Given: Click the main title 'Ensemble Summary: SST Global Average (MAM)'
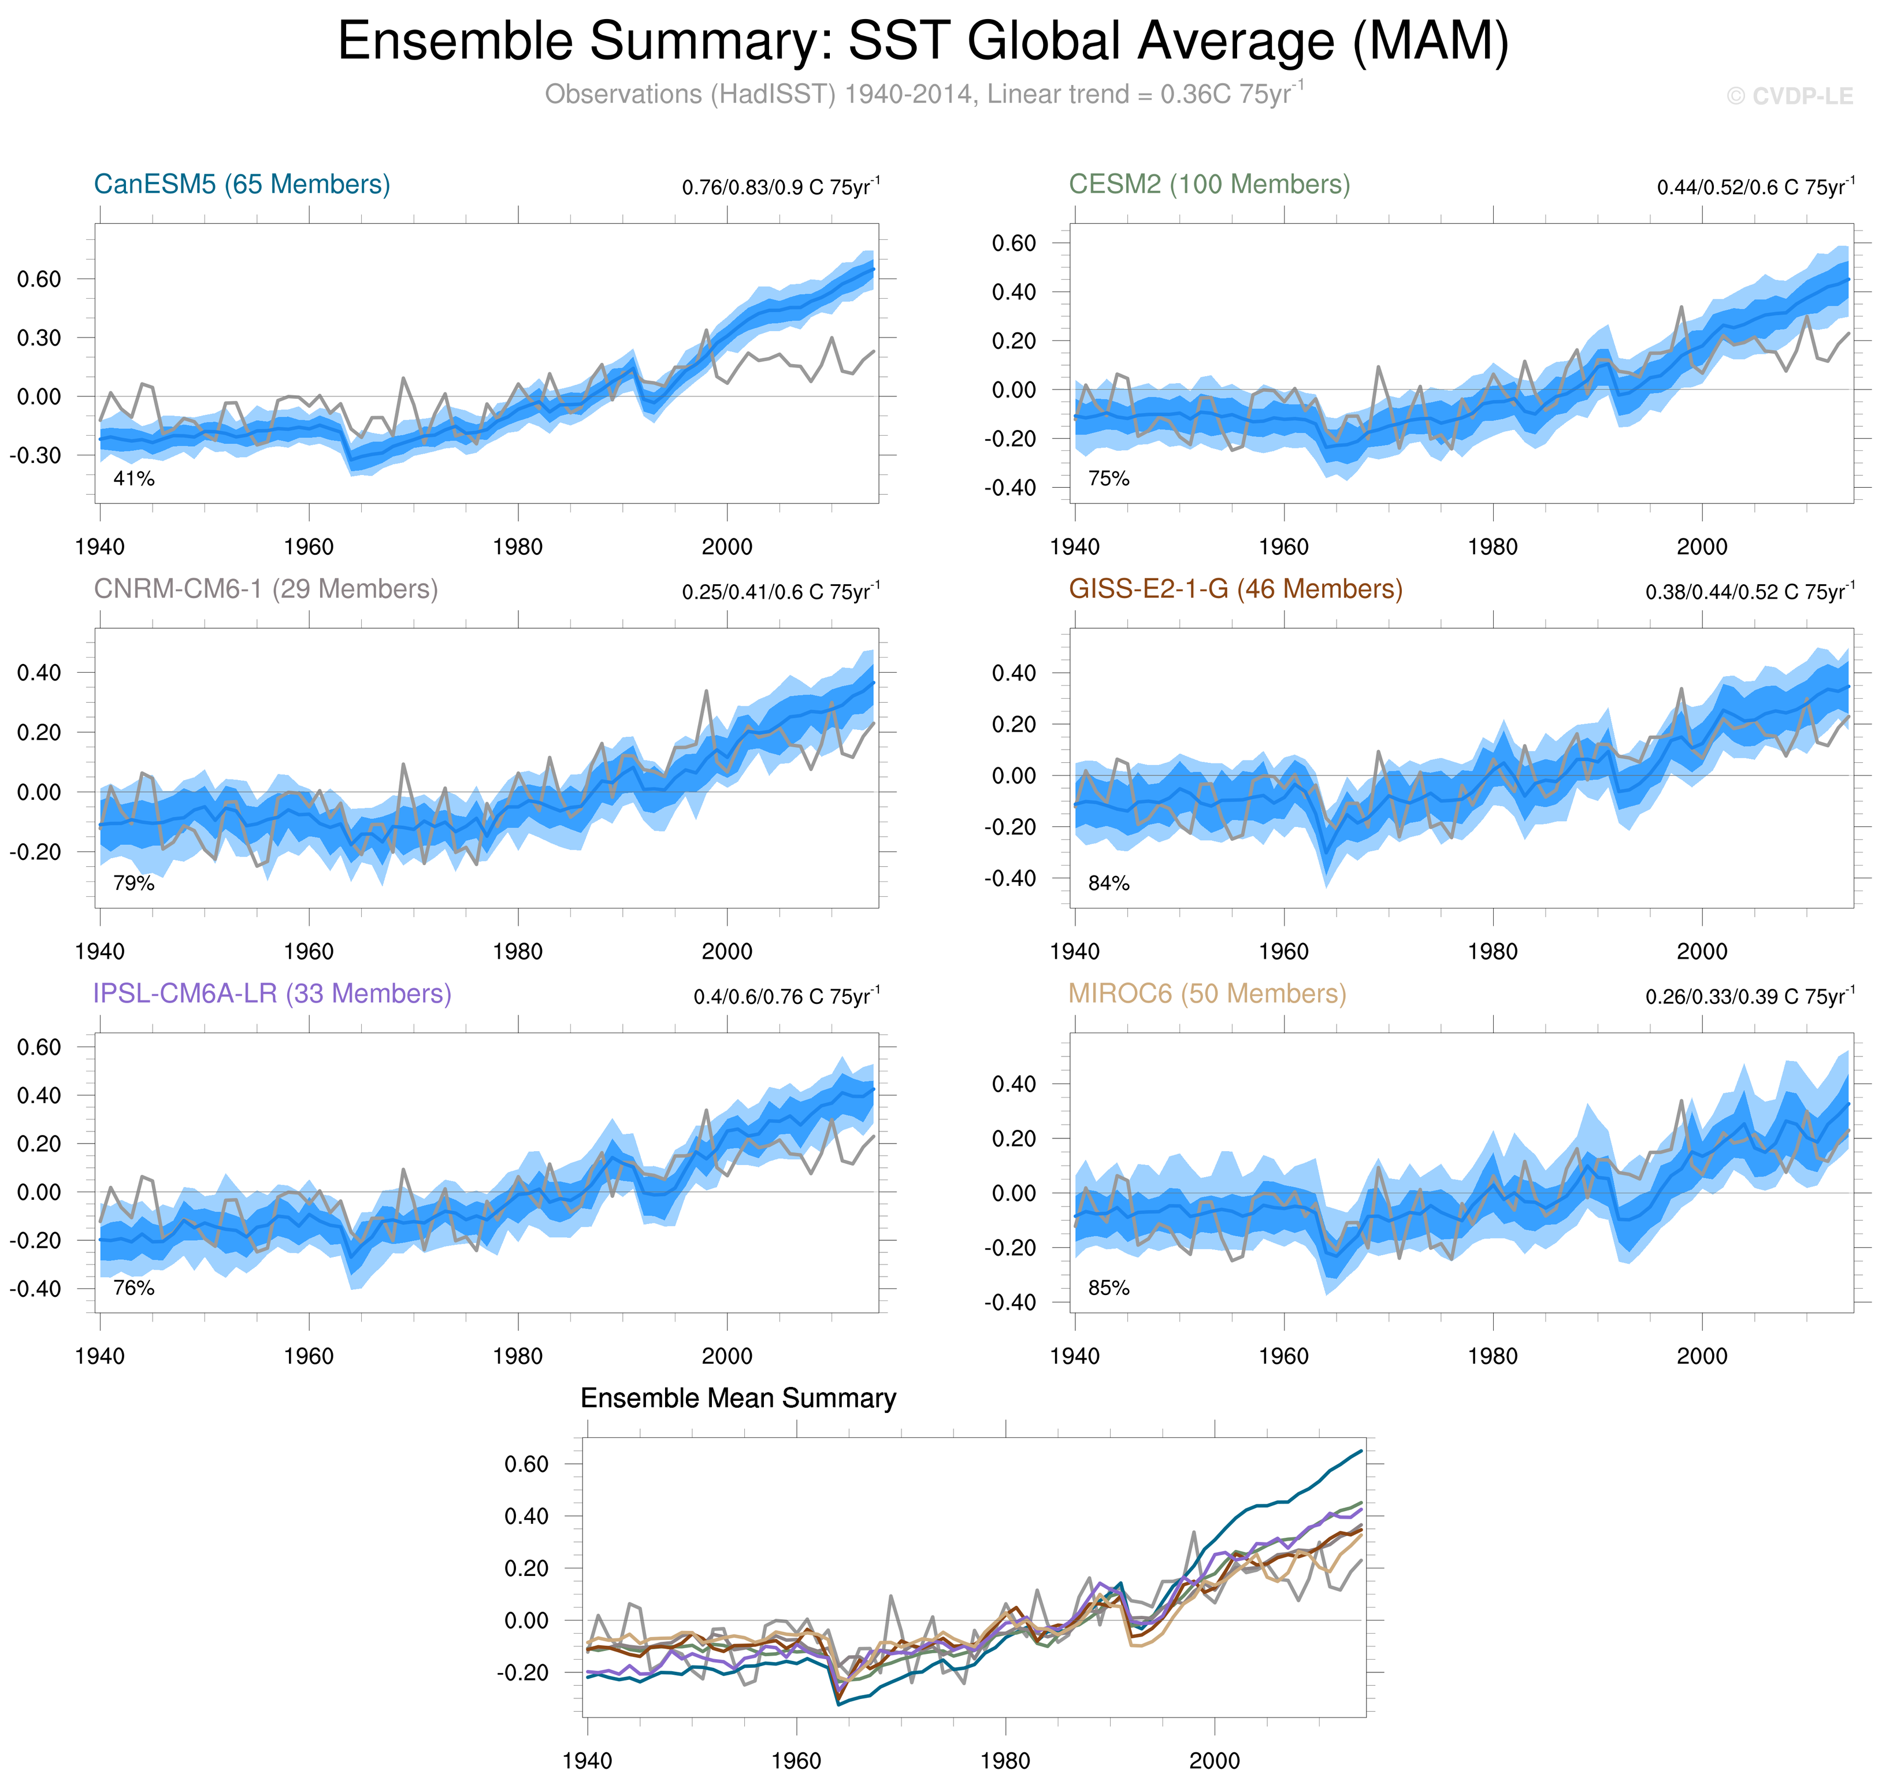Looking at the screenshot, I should pyautogui.click(x=922, y=42).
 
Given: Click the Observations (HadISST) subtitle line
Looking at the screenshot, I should pyautogui.click(x=922, y=94).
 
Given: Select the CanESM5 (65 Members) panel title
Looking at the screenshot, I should pyautogui.click(x=242, y=184).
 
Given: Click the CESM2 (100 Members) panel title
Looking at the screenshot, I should pyautogui.click(x=1208, y=184).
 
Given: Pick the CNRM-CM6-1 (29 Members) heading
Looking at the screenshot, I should pyautogui.click(x=265, y=589).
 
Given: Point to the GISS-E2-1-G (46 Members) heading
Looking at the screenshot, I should pyautogui.click(x=1235, y=589).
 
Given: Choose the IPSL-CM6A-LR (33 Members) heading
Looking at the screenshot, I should pyautogui.click(x=272, y=993).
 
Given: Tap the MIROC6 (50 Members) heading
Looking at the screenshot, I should pyautogui.click(x=1207, y=993).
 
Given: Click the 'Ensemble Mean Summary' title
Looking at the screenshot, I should pyautogui.click(x=737, y=1398).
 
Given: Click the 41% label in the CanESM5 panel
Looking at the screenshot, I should pyautogui.click(x=133, y=478).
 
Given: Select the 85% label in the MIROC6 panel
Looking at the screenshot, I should pyautogui.click(x=1108, y=1288).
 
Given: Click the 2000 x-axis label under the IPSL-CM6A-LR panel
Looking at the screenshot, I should pyautogui.click(x=726, y=1355).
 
